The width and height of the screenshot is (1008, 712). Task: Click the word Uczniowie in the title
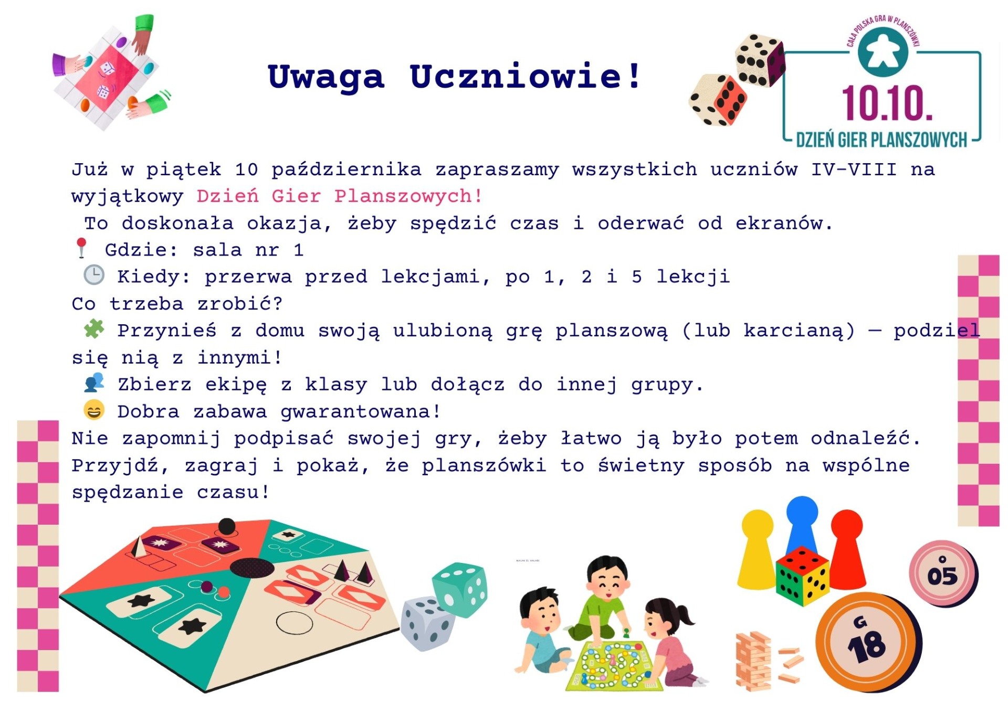click(x=524, y=77)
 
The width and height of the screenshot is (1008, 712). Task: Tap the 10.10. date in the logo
click(x=887, y=103)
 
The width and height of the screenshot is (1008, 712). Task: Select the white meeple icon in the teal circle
click(x=883, y=52)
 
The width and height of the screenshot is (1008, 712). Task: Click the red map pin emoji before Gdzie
click(x=81, y=248)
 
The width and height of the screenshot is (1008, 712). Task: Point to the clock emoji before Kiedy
click(x=94, y=275)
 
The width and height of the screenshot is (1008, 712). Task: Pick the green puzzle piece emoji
click(x=94, y=329)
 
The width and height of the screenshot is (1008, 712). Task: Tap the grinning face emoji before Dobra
click(x=94, y=410)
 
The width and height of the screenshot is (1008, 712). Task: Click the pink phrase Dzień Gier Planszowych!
click(x=339, y=196)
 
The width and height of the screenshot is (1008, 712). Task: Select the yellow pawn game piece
click(x=757, y=549)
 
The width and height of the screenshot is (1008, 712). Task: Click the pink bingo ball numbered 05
click(x=943, y=574)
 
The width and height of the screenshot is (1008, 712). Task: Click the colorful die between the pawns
click(x=802, y=576)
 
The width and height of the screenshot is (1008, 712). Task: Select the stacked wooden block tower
click(x=754, y=662)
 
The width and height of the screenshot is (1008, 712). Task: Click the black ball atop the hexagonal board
click(x=226, y=526)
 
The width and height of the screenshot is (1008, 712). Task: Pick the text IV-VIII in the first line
click(x=854, y=169)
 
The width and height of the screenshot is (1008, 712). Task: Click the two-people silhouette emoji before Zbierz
click(x=94, y=382)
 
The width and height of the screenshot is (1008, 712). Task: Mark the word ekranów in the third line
click(x=783, y=224)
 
